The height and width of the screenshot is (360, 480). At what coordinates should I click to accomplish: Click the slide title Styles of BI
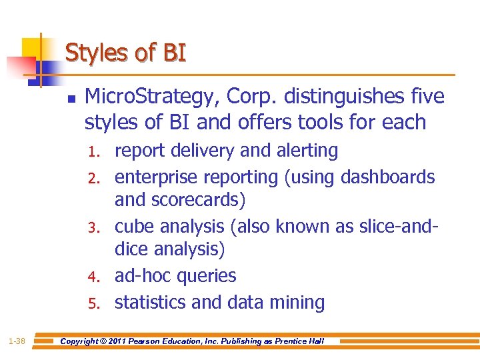(x=125, y=53)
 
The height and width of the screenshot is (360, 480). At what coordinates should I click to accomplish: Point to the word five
(x=427, y=97)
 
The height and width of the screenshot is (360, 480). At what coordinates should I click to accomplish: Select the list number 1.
(x=95, y=152)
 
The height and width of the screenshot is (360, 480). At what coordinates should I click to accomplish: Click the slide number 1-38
(x=17, y=341)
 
